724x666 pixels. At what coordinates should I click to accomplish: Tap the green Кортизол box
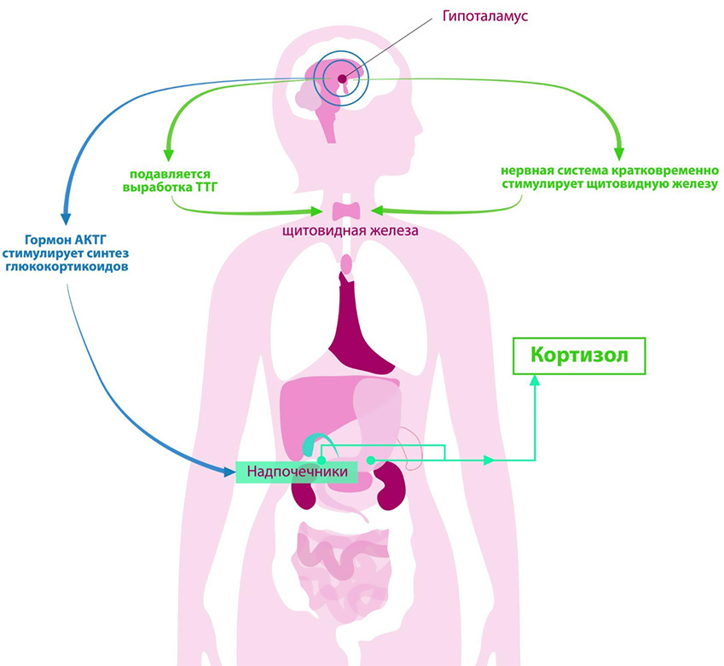point(579,355)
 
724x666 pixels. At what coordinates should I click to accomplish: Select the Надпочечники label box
point(297,471)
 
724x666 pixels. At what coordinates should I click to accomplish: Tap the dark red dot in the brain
point(342,79)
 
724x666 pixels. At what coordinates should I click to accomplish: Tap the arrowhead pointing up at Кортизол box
point(535,382)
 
